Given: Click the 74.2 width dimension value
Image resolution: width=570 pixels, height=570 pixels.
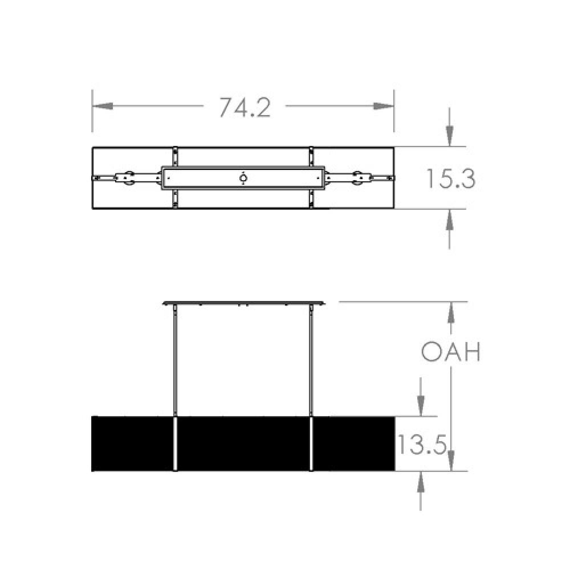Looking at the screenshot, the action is pos(245,107).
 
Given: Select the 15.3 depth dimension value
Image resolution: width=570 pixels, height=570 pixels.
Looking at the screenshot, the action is pos(450,178).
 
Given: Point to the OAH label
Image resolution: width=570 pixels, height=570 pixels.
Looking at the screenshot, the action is pos(451,351).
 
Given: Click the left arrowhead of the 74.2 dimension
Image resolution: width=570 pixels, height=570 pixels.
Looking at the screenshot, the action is pos(103,106).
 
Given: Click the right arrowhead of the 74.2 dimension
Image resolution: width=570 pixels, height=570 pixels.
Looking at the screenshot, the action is pos(384,106).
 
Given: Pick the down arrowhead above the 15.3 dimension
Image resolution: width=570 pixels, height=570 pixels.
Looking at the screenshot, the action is pos(450,136).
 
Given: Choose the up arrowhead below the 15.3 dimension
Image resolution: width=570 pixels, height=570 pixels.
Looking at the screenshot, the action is pos(450,219).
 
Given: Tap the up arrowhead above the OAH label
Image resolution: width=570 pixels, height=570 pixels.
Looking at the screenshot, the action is pos(451,312).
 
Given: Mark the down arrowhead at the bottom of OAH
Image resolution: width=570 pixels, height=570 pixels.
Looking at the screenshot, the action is pos(451,461).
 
